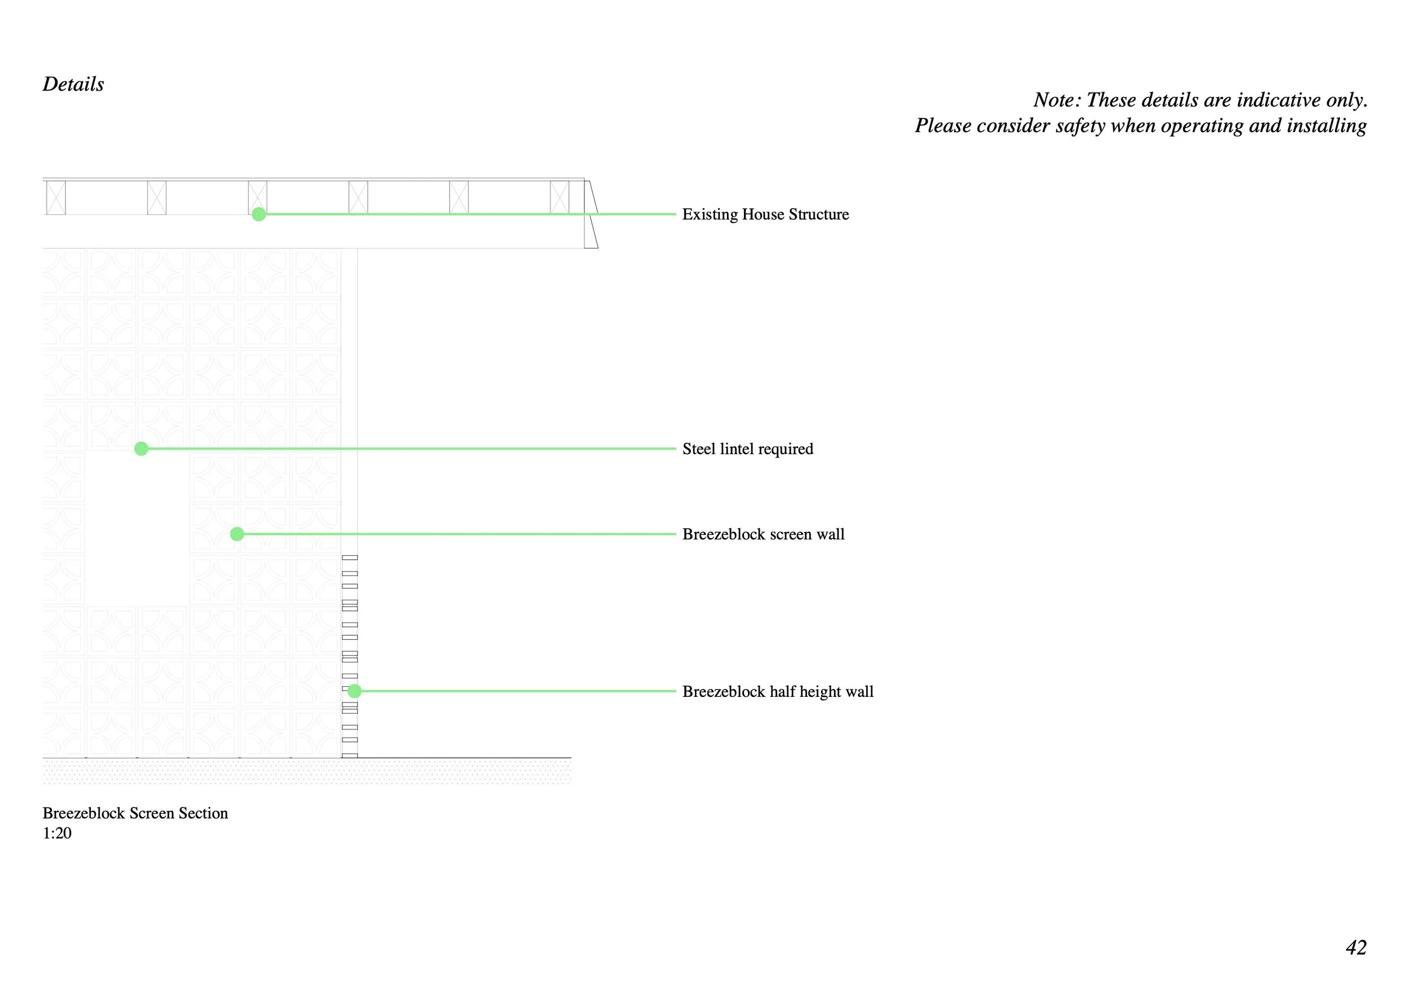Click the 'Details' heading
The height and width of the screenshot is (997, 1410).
pyautogui.click(x=73, y=84)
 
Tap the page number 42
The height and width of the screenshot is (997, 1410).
pyautogui.click(x=1356, y=947)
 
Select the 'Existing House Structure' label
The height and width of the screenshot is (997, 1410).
pyautogui.click(x=765, y=214)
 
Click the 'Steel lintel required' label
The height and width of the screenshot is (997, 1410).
pyautogui.click(x=747, y=449)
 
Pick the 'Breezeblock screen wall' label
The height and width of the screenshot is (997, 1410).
pyautogui.click(x=763, y=534)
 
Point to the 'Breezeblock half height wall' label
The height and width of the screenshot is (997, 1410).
pyautogui.click(x=777, y=692)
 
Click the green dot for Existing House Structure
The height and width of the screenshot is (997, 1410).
pyautogui.click(x=259, y=214)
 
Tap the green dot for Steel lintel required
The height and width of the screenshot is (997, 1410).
pyautogui.click(x=141, y=449)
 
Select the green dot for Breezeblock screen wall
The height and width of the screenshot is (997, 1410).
pyautogui.click(x=237, y=534)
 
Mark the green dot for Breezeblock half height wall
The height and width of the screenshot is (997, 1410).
pyautogui.click(x=354, y=692)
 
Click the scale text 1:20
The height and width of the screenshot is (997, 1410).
pyautogui.click(x=57, y=833)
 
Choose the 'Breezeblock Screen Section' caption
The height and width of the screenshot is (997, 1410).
pyautogui.click(x=135, y=813)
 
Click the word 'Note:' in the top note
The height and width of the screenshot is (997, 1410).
pyautogui.click(x=1057, y=100)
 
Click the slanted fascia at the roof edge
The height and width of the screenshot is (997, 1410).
pyautogui.click(x=592, y=214)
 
